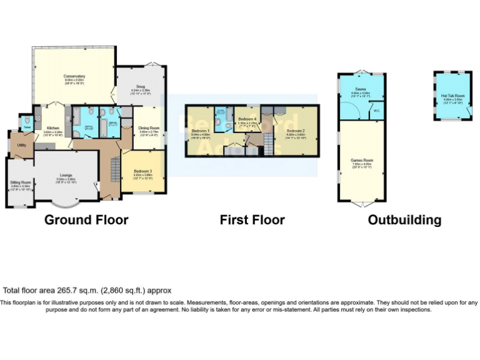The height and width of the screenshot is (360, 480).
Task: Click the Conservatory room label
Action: click(x=74, y=76)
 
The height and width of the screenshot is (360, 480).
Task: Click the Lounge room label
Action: click(x=66, y=175)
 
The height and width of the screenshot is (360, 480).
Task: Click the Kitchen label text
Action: click(x=52, y=127)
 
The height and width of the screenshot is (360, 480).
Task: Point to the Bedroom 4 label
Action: click(x=247, y=119)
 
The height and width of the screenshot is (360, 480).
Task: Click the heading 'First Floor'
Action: click(x=252, y=220)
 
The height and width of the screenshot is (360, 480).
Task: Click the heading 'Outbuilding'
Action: click(x=404, y=220)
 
